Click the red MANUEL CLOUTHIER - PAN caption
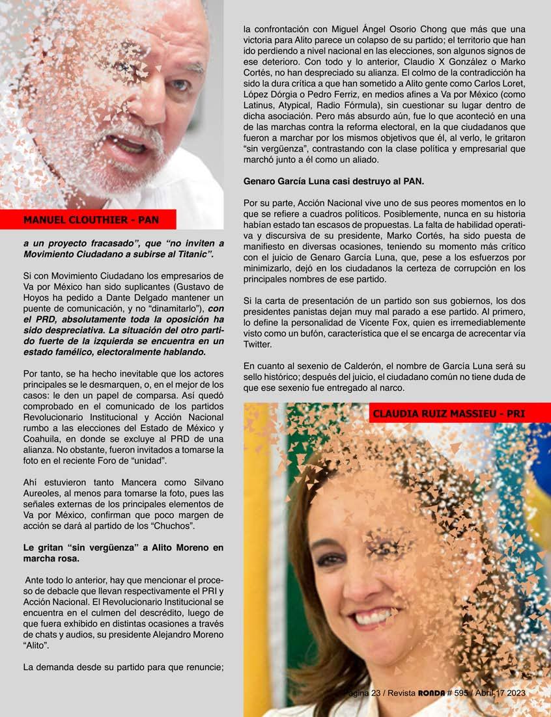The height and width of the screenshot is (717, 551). click(91, 219)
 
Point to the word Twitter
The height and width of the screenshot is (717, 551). click(259, 344)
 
